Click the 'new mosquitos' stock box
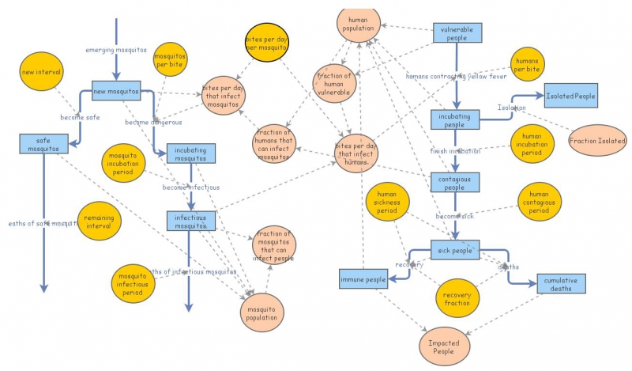pyautogui.click(x=116, y=91)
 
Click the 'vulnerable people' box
pyautogui.click(x=456, y=32)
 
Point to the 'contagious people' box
pyautogui.click(x=455, y=182)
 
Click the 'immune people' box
pyautogui.click(x=363, y=279)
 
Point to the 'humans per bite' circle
pyautogui.click(x=526, y=66)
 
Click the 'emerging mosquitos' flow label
pyautogui.click(x=116, y=50)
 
